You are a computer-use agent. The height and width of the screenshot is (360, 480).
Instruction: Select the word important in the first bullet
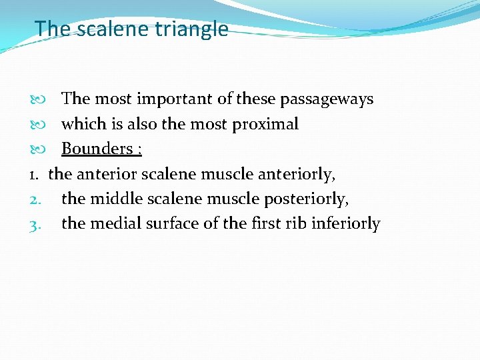(175, 99)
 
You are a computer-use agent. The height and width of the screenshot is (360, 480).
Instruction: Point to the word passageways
(327, 99)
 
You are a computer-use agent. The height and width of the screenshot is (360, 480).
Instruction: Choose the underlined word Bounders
(97, 149)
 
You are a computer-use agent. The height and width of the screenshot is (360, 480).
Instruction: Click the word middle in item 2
(113, 199)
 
